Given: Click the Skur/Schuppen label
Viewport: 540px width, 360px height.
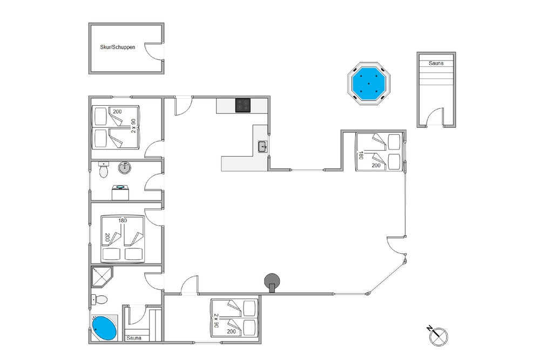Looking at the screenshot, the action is pyautogui.click(x=117, y=47).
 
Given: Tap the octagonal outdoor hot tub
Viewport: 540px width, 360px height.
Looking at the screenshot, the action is pyautogui.click(x=368, y=83).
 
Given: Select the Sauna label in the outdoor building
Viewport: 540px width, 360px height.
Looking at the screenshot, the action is pyautogui.click(x=436, y=63).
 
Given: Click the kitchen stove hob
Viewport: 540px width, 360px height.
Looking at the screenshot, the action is pyautogui.click(x=243, y=105).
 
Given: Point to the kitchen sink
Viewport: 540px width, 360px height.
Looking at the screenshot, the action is pyautogui.click(x=263, y=147).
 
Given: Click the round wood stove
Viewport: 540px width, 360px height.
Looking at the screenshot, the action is pyautogui.click(x=272, y=282).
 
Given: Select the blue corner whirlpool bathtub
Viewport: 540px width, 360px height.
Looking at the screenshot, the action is pyautogui.click(x=104, y=328).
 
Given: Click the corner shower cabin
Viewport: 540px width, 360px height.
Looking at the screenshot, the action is pyautogui.click(x=102, y=277).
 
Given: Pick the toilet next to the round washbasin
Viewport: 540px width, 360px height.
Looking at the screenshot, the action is pyautogui.click(x=103, y=169).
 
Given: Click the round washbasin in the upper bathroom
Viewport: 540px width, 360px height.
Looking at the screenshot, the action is pyautogui.click(x=125, y=168).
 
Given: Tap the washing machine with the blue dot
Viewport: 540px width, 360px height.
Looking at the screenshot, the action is pyautogui.click(x=120, y=193).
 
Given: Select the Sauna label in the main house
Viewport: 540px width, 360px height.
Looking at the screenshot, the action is pyautogui.click(x=133, y=338).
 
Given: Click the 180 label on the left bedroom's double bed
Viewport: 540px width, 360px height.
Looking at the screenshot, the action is pyautogui.click(x=123, y=220).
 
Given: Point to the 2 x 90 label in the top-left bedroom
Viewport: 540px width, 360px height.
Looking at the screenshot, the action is pyautogui.click(x=133, y=126).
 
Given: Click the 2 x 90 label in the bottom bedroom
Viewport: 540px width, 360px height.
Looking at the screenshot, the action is pyautogui.click(x=217, y=321).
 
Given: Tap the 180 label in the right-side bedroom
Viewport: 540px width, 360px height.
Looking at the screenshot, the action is pyautogui.click(x=361, y=155).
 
